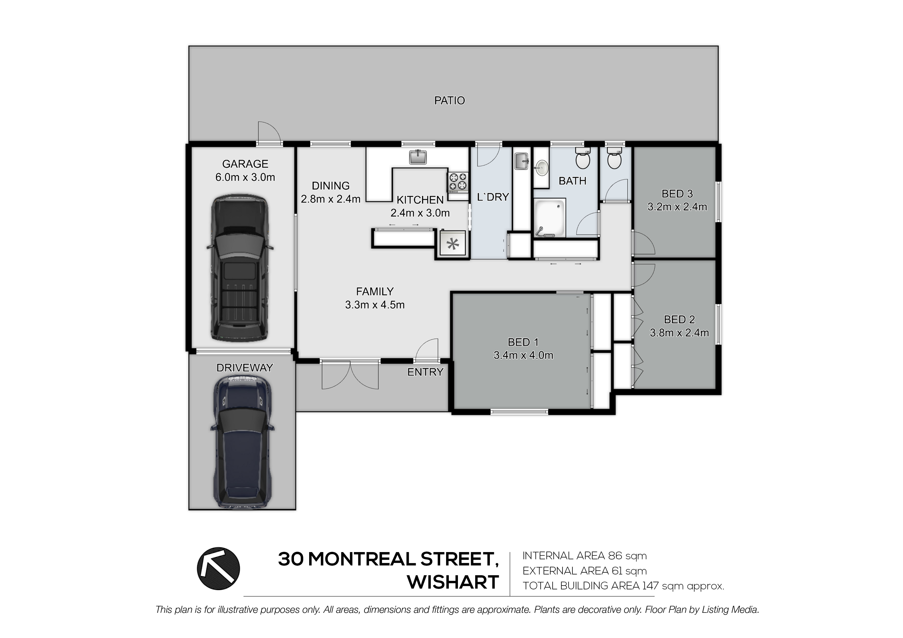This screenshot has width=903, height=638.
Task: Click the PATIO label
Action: pos(449,101)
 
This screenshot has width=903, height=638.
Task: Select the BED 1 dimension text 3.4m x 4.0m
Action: pos(523,355)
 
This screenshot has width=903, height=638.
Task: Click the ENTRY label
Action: pos(425,372)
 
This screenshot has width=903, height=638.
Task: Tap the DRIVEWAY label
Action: pos(245,368)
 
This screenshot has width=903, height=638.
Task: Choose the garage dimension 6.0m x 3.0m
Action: pos(245,177)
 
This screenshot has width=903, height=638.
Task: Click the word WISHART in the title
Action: pos(453,583)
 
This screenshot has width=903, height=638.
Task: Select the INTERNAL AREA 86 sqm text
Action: pos(584,556)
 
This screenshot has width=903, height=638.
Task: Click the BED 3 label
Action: pos(677,194)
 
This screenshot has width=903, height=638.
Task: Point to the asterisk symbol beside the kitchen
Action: pos(453,244)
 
